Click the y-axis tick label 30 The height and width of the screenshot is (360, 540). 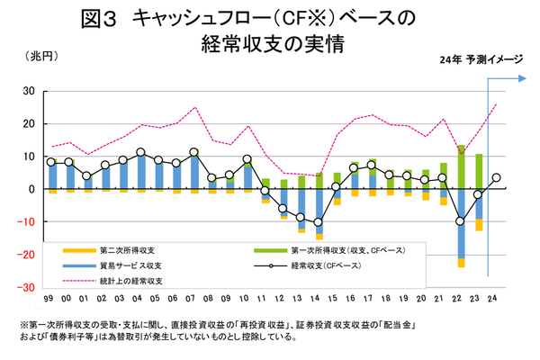[28, 91]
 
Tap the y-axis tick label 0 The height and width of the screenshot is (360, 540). [31, 189]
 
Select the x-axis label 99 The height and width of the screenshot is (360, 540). [52, 296]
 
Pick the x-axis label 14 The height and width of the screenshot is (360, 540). [318, 296]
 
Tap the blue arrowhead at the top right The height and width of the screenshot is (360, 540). [520, 79]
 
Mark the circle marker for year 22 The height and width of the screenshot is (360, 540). [460, 221]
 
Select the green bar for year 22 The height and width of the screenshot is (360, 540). [461, 166]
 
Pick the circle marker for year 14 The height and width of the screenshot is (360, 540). [318, 221]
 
